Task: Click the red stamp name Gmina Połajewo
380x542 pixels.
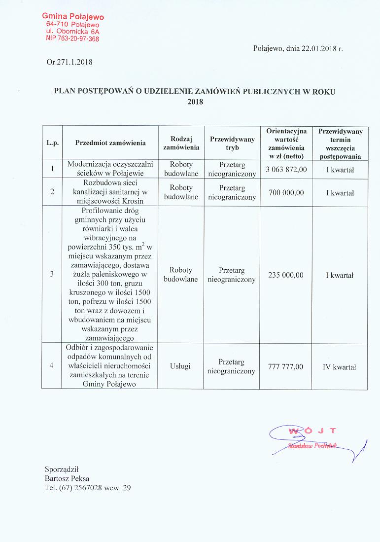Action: (73, 17)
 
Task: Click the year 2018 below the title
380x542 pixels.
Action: (196, 102)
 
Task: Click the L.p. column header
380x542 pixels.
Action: (52, 143)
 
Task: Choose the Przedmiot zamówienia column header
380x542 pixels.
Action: (110, 143)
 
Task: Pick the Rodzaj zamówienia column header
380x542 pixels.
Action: (181, 143)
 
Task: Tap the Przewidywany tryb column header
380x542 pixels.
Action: (232, 143)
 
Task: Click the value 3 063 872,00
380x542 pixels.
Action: (286, 169)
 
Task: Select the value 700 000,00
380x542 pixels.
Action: (286, 193)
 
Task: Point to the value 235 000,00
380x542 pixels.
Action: (286, 275)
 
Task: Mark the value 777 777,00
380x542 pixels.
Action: (286, 366)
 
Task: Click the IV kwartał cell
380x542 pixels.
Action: (340, 366)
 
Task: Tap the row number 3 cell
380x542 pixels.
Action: (52, 275)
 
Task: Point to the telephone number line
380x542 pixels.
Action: (88, 488)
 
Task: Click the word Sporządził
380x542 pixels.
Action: (61, 469)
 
